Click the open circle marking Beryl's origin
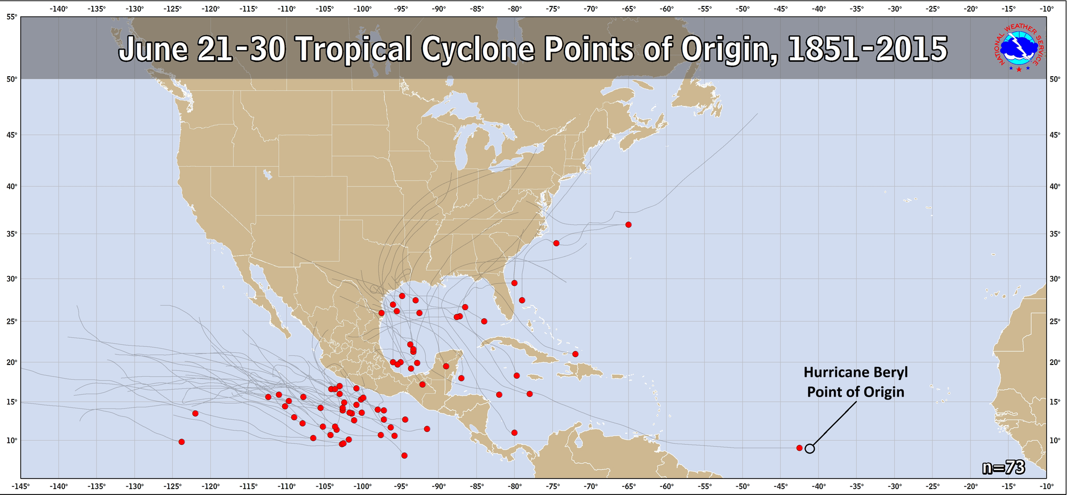click(x=809, y=449)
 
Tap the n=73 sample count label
click(x=1004, y=467)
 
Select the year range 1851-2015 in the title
click(x=867, y=50)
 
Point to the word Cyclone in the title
click(x=477, y=50)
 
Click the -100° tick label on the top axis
click(x=363, y=9)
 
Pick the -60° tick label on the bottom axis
click(x=666, y=486)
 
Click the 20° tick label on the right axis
click(x=1055, y=362)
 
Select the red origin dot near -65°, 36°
click(x=628, y=225)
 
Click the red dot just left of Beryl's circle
click(x=799, y=448)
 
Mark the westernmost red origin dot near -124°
click(x=181, y=442)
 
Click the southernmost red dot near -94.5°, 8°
click(x=404, y=456)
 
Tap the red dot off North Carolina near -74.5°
click(x=556, y=243)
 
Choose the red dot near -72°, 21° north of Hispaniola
click(x=575, y=354)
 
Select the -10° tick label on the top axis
click(x=1047, y=9)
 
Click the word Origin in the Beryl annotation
click(x=882, y=392)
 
